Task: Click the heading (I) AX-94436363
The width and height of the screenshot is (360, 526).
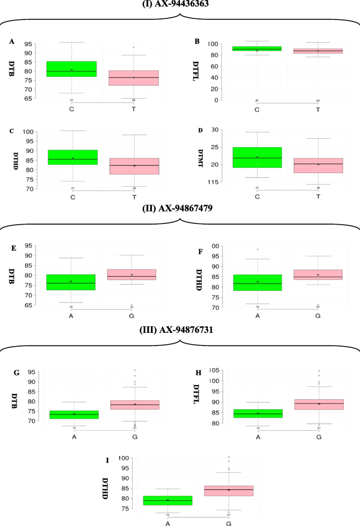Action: pos(180,4)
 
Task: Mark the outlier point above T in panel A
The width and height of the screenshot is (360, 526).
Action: pos(133,47)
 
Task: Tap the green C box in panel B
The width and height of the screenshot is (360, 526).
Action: pos(257,49)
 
